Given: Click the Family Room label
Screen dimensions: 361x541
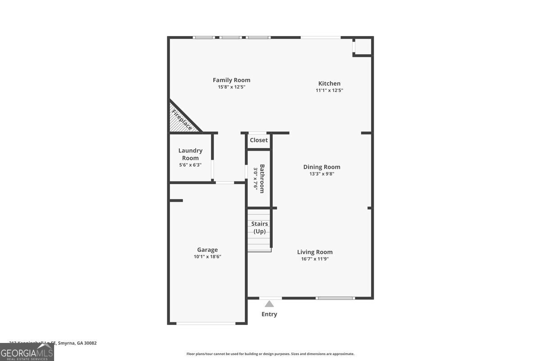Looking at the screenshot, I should point(231,80).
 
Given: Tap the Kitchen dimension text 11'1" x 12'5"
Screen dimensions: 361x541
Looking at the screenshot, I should point(329,90).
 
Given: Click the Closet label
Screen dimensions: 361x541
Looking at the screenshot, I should point(259,140).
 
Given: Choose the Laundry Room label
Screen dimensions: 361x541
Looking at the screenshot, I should point(190,154).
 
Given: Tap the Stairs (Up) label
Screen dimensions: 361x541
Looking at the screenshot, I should point(259,227).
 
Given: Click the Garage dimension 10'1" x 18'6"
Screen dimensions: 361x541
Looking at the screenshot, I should point(207,257).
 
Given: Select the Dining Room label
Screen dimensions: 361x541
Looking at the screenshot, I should point(321,167).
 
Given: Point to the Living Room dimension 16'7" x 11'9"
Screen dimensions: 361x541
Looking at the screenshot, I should point(315,259).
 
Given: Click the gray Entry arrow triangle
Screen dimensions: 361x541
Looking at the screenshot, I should point(269,304).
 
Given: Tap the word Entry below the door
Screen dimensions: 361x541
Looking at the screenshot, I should point(269,314).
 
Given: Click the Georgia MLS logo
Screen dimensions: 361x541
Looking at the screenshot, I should point(27,352).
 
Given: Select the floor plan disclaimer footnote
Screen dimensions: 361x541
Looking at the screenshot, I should point(270,354).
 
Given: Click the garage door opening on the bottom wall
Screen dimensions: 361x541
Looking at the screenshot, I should point(206,323).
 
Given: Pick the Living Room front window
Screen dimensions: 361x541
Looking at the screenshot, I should point(335,298).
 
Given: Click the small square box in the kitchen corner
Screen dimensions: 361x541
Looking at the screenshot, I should point(362,46).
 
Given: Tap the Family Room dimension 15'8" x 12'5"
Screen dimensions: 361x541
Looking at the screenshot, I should point(231,87).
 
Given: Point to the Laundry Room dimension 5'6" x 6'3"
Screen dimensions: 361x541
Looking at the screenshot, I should point(190,165).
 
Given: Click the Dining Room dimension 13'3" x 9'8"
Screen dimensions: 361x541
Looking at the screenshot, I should point(321,174).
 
